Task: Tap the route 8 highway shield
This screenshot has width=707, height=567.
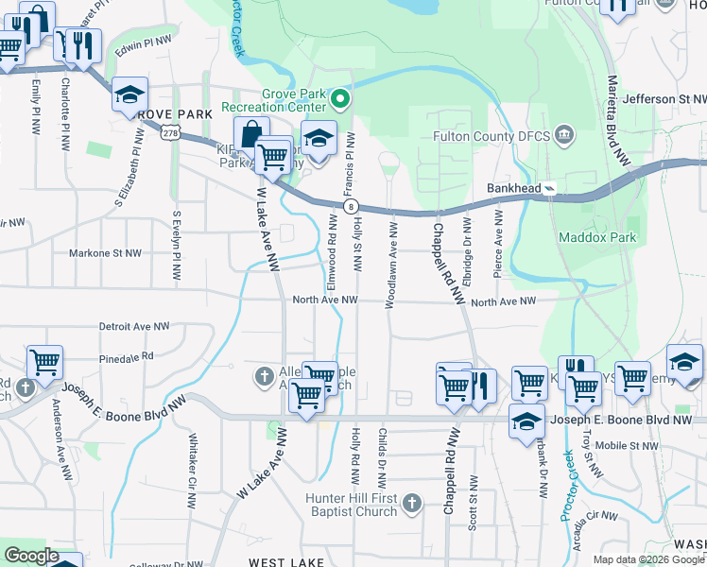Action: tap(351, 205)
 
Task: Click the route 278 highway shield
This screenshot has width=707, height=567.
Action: tap(169, 134)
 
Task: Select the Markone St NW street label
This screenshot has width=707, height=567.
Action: tap(105, 253)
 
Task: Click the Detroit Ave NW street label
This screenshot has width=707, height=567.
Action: tap(134, 326)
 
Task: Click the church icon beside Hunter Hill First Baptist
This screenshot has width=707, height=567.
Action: tap(411, 504)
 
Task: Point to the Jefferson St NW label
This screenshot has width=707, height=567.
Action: tap(664, 98)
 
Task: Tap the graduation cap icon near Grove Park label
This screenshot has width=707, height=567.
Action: tap(129, 94)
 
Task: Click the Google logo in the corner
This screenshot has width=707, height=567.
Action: tap(31, 556)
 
